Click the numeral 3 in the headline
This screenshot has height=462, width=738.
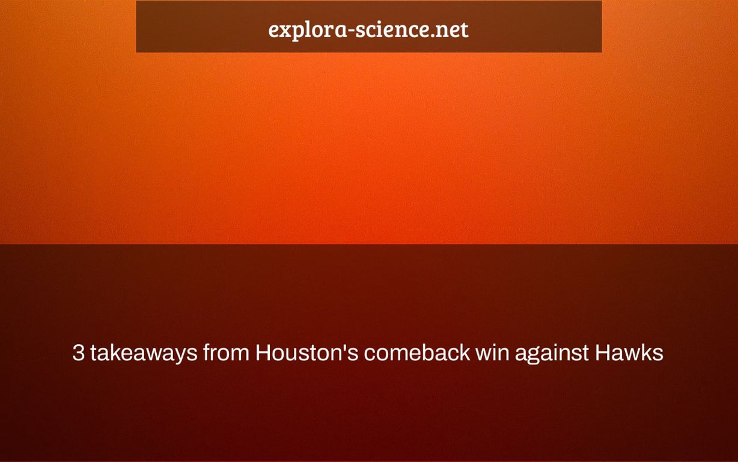(x=78, y=353)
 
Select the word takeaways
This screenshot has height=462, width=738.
(x=144, y=353)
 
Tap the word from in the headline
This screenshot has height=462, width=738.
(x=226, y=353)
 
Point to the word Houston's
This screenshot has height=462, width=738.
(x=306, y=353)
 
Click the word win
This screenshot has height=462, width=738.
(x=492, y=353)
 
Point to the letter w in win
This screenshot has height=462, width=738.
(x=484, y=355)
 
